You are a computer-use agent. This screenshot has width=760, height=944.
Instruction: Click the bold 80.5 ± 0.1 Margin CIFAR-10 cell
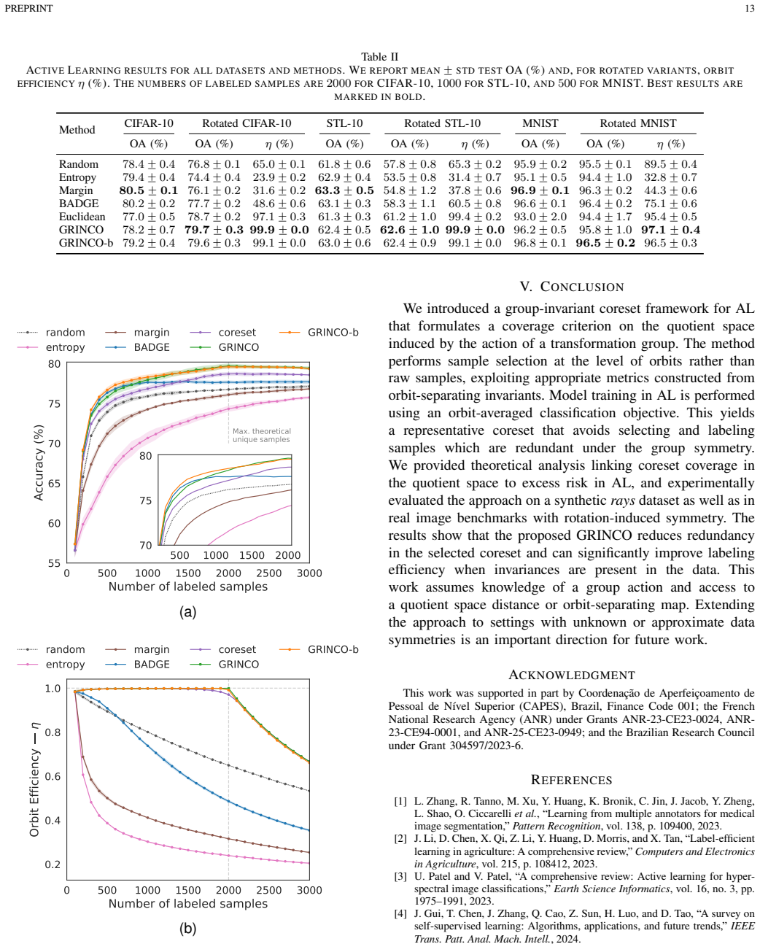148,190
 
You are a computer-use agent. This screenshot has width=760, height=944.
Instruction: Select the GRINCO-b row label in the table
86,243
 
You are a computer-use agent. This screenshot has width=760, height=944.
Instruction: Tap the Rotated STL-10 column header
442,123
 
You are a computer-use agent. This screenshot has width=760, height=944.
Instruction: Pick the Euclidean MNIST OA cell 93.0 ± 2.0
540,217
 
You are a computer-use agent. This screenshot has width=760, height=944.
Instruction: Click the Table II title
380,57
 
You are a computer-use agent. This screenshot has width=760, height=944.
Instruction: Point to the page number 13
750,8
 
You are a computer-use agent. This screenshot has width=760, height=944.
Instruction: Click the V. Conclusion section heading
571,287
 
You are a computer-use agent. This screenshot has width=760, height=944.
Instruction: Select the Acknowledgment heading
571,675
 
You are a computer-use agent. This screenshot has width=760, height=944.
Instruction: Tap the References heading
571,780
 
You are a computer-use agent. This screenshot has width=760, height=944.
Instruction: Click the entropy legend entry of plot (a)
51,347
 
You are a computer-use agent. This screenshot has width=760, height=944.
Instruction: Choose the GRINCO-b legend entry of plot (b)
319,649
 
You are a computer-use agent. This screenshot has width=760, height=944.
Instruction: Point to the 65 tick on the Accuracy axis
54,484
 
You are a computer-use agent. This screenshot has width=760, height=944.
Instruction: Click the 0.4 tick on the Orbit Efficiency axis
53,820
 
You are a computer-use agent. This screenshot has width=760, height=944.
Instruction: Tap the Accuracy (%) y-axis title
39,463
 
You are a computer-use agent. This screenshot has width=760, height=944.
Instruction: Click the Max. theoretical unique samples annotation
261,435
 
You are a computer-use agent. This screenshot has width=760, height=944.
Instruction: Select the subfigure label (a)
187,612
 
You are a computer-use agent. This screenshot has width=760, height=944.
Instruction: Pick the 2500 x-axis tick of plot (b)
269,890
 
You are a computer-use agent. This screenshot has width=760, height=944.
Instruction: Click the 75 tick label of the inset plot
146,500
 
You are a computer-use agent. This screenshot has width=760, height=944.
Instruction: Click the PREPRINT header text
28,8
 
